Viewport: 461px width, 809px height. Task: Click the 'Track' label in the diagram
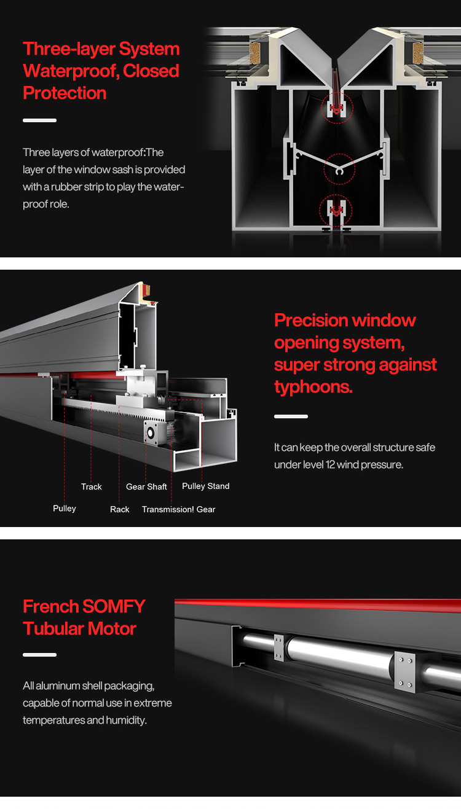point(92,487)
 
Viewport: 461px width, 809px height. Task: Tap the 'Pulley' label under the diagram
point(65,509)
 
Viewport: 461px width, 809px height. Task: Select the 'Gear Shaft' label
point(146,487)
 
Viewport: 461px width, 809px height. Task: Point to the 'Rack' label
point(120,509)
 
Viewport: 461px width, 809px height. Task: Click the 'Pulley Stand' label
point(205,486)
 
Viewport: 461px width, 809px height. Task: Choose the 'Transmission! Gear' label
point(178,509)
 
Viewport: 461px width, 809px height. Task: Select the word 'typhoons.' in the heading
point(313,387)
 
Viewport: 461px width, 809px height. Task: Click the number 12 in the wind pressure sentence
point(330,464)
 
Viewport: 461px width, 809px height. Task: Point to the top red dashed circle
point(337,108)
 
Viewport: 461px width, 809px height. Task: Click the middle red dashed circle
point(339,170)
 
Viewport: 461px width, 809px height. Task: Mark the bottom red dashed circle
point(336,211)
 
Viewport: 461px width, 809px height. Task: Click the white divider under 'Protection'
point(39,120)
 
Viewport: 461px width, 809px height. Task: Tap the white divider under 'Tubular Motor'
point(39,655)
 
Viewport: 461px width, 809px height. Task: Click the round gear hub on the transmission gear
point(151,432)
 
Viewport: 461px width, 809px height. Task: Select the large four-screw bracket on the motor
point(404,672)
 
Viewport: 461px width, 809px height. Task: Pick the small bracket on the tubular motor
point(278,648)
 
